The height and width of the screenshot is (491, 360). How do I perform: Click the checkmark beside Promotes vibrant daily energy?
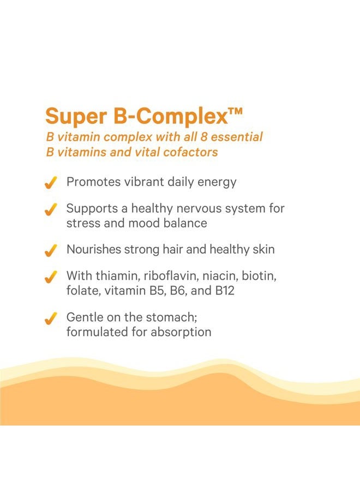(51, 183)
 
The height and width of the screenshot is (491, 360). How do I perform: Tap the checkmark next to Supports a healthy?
(51, 209)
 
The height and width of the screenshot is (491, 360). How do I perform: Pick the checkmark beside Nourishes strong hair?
(51, 250)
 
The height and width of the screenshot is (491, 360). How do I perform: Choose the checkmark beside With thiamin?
(51, 277)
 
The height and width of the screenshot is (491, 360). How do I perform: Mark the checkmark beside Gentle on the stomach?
(51, 318)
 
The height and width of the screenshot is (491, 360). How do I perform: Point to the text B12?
(224, 291)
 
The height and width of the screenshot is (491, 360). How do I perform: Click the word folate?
(82, 291)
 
